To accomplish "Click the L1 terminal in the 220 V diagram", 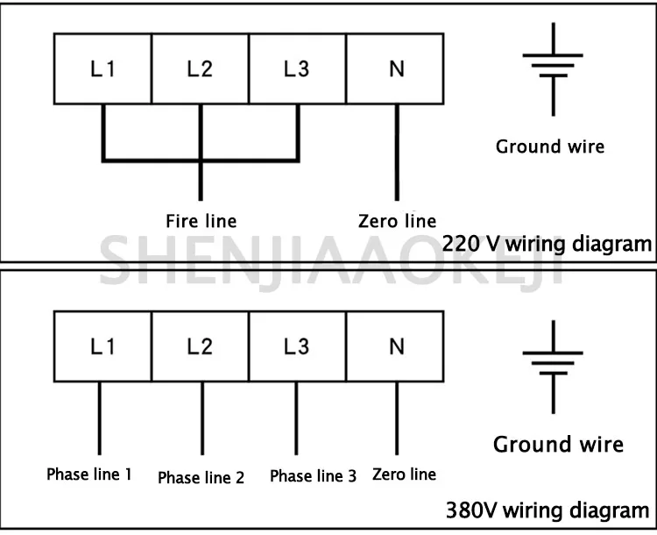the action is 102,69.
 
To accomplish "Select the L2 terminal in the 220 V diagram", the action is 201,69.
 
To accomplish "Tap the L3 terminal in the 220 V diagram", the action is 298,69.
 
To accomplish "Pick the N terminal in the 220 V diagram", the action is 397,69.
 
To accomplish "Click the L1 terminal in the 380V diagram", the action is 102,347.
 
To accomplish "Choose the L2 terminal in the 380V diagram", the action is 201,347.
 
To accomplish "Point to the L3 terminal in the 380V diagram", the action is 298,347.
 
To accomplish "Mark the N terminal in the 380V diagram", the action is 397,347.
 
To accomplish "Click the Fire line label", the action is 201,220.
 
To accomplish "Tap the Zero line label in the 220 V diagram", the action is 397,221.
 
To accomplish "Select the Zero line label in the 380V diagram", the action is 404,474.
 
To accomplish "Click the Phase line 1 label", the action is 89,475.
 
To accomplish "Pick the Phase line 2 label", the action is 201,478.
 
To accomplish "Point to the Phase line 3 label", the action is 313,476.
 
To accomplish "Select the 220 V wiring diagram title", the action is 547,244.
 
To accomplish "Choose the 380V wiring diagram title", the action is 547,510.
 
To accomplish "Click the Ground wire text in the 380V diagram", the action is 558,444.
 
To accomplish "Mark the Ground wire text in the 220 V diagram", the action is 550,146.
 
